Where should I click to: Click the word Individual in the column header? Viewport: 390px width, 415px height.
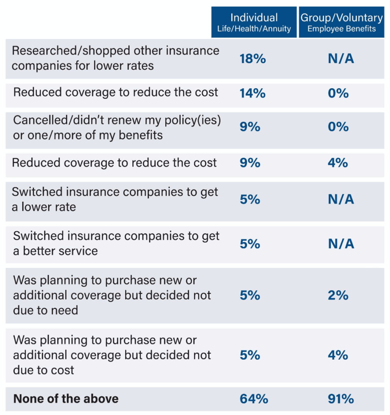pyautogui.click(x=254, y=17)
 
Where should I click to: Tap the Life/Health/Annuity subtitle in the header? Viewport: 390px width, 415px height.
pyautogui.click(x=254, y=29)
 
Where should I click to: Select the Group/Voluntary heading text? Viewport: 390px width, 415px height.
pyautogui.click(x=341, y=17)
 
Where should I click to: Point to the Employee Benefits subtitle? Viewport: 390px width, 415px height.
pyautogui.click(x=341, y=29)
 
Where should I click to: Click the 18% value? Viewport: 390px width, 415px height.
pyautogui.click(x=253, y=59)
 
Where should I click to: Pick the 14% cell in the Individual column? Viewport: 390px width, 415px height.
pyautogui.click(x=253, y=94)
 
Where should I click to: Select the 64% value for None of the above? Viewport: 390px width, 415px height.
pyautogui.click(x=254, y=399)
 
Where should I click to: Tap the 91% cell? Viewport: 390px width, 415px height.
pyautogui.click(x=341, y=399)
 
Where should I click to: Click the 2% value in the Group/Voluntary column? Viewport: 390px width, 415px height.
pyautogui.click(x=338, y=295)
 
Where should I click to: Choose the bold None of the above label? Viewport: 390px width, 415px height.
pyautogui.click(x=66, y=399)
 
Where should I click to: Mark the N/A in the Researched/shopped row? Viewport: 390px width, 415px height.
pyautogui.click(x=341, y=59)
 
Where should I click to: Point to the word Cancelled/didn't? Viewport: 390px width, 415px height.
pyautogui.click(x=49, y=120)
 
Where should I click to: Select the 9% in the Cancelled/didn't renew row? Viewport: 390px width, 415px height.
pyautogui.click(x=250, y=127)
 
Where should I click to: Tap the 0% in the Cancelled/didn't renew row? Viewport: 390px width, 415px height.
pyautogui.click(x=338, y=127)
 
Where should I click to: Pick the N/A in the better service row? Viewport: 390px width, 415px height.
pyautogui.click(x=341, y=244)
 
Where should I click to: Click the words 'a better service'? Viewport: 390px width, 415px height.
pyautogui.click(x=55, y=251)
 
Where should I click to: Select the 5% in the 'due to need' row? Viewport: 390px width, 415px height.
pyautogui.click(x=250, y=295)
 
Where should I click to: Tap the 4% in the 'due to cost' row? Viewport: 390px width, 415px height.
pyautogui.click(x=338, y=355)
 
